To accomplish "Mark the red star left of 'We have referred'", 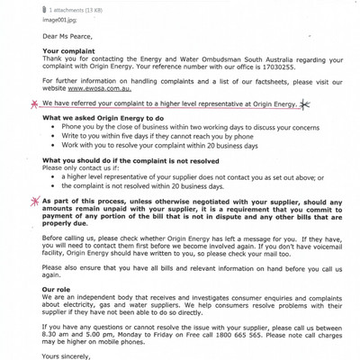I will click(x=34, y=104).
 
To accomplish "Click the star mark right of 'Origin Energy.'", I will click(x=308, y=103).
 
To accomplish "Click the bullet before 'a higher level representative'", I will click(x=52, y=177).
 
